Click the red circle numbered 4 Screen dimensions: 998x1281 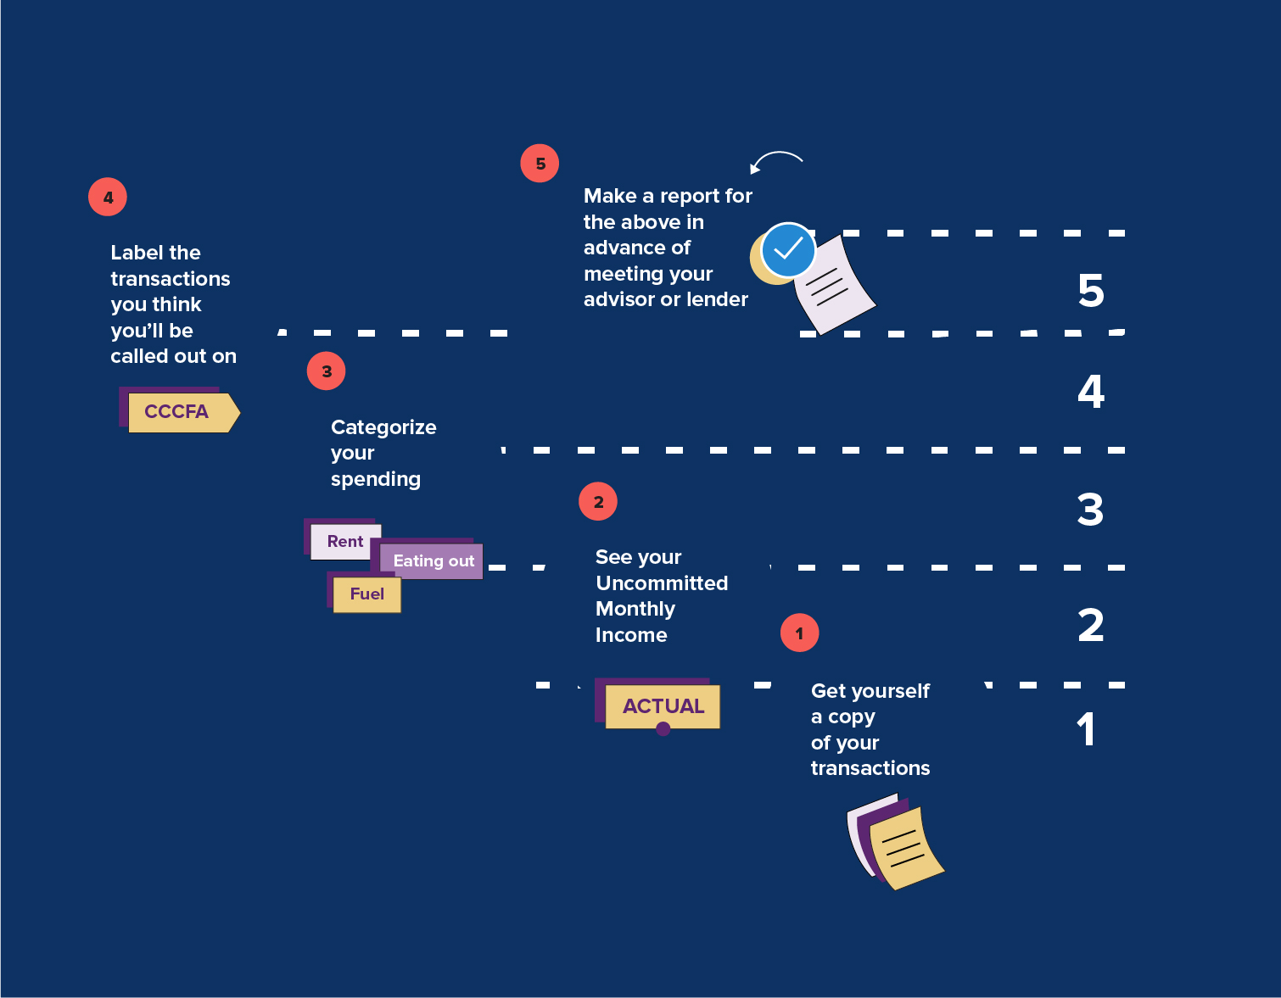coord(108,197)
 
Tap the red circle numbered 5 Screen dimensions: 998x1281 coord(540,163)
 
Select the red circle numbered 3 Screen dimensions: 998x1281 coord(326,371)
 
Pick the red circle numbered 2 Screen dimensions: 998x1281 coord(598,501)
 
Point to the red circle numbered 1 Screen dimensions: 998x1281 coord(799,633)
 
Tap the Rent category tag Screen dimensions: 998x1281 coord(344,541)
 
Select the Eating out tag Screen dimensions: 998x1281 coord(433,560)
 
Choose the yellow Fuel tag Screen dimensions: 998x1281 coord(366,594)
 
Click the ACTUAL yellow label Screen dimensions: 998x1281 coord(663,706)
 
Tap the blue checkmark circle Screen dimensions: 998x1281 coord(788,249)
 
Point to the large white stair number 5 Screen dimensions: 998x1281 coord(1091,291)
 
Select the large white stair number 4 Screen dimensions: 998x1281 coord(1091,392)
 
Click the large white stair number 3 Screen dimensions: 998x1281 coord(1090,510)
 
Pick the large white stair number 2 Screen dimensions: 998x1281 coord(1091,626)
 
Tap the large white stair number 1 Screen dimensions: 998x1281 coord(1087,729)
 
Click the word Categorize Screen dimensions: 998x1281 coord(383,427)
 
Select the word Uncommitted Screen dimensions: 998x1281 coord(662,583)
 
